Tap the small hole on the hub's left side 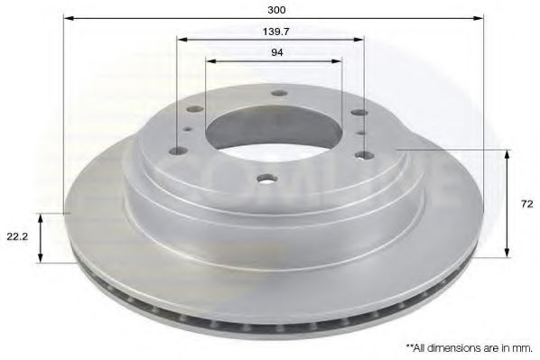(x=187, y=128)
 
